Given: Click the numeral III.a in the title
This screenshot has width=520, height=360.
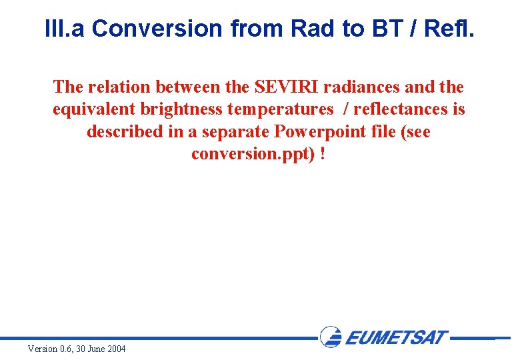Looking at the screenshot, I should (65, 29).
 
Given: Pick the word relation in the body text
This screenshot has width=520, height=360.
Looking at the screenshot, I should (120, 87).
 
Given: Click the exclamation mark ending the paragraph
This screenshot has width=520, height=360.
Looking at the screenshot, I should (323, 155).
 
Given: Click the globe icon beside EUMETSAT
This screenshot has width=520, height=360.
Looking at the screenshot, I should (331, 337).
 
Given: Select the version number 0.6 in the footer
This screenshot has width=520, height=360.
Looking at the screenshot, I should (66, 349).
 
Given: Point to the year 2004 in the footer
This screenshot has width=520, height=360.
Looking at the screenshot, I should (115, 349).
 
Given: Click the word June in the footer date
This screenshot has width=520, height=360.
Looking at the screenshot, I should (95, 349).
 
